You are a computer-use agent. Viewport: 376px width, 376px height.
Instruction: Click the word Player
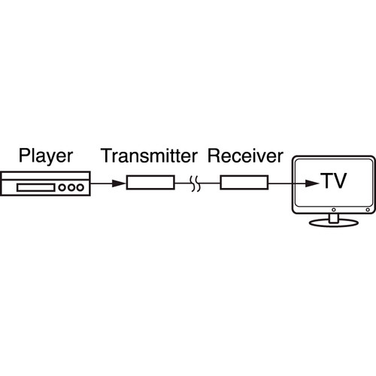[46, 156]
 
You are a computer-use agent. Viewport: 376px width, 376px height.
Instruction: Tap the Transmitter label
[150, 156]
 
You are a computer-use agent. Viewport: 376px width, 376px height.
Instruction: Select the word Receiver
[245, 156]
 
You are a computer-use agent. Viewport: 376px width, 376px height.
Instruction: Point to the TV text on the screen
[335, 180]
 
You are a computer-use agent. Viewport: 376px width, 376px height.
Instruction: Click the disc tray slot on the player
[36, 187]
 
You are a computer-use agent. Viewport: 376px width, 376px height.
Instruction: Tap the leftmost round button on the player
[62, 187]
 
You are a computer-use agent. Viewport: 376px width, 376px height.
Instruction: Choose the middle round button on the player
[71, 187]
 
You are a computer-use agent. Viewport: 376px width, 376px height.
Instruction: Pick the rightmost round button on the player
[80, 187]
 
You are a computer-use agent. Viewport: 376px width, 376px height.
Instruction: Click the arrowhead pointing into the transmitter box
[119, 183]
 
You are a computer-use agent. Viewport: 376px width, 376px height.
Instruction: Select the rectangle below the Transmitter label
[150, 182]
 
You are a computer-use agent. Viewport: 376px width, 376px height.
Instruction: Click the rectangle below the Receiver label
[244, 182]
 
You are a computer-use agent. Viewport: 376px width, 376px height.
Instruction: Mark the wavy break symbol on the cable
[196, 183]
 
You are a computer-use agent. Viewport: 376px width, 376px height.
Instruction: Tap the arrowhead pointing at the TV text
[313, 183]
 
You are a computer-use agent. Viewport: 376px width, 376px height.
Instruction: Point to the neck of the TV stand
[334, 218]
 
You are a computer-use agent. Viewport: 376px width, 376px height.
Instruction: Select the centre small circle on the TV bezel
[334, 210]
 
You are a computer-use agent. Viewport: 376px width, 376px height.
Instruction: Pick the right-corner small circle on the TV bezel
[368, 210]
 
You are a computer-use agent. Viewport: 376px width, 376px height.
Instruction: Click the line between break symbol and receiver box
[211, 183]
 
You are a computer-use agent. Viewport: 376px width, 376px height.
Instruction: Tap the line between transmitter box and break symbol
[183, 183]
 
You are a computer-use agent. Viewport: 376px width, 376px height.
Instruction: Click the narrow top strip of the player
[45, 175]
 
